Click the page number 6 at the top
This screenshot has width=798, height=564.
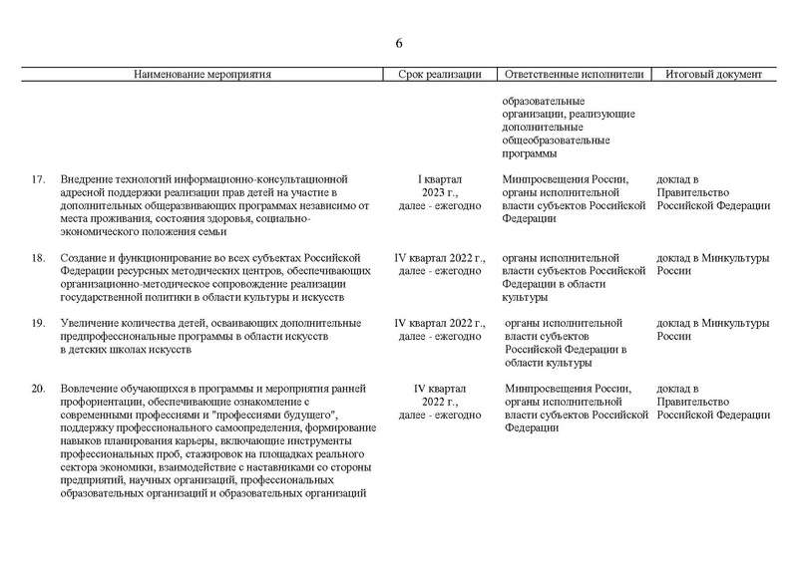399,43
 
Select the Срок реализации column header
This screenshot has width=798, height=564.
440,75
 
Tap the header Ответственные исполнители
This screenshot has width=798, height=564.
576,75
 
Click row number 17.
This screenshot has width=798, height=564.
37,179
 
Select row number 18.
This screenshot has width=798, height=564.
37,258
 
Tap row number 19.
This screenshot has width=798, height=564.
37,324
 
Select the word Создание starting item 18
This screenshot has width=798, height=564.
85,258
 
